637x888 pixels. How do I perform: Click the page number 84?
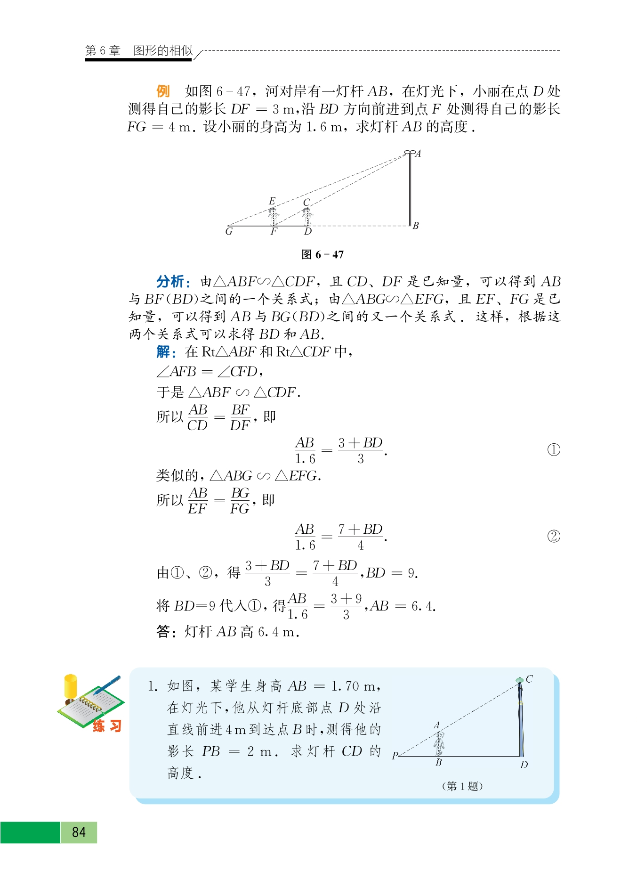(79, 832)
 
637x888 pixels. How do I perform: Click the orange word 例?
(163, 91)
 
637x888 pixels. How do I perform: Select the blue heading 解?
(165, 351)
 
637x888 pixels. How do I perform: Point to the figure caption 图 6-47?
(323, 255)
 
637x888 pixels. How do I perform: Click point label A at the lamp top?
(418, 154)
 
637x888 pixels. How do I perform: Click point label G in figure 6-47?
(229, 232)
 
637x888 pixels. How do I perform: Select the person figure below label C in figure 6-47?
(307, 216)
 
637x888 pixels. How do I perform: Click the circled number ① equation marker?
(554, 450)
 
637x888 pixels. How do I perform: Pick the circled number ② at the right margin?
(554, 536)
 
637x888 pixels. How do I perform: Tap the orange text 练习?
(107, 726)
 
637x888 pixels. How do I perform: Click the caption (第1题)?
(462, 786)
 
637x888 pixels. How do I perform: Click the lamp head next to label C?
(520, 680)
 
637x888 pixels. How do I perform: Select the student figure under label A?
(439, 743)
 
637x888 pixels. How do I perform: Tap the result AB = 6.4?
(403, 606)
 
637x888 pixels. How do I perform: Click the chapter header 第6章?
(103, 50)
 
